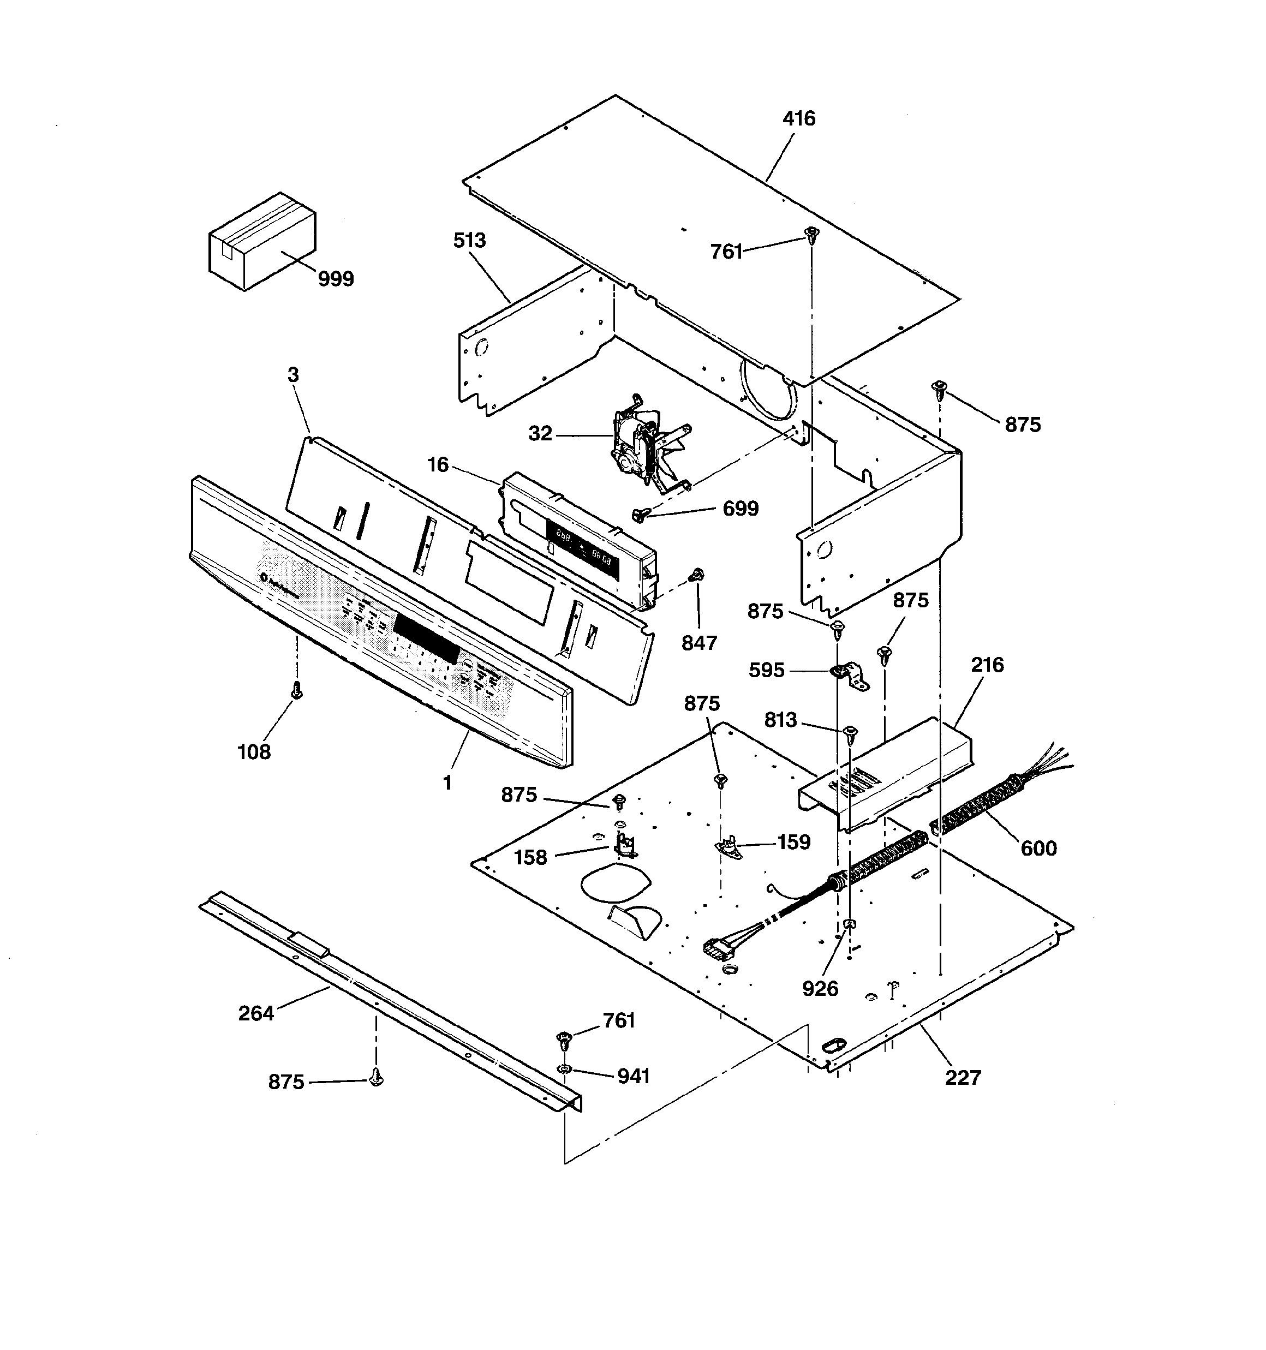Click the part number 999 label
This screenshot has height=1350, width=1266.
(336, 279)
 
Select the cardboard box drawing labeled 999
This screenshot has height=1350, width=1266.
(261, 241)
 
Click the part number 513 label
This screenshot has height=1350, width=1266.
(469, 241)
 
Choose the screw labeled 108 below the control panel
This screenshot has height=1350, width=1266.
(296, 691)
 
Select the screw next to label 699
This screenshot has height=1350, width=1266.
(638, 516)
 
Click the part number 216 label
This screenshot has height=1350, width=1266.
(986, 665)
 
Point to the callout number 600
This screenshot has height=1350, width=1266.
(1038, 848)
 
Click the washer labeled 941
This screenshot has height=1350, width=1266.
(564, 1070)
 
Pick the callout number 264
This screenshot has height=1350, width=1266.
(256, 1013)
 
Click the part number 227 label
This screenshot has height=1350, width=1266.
(963, 1078)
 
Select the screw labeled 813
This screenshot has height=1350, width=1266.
(850, 733)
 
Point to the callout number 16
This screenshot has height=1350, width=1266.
(438, 465)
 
